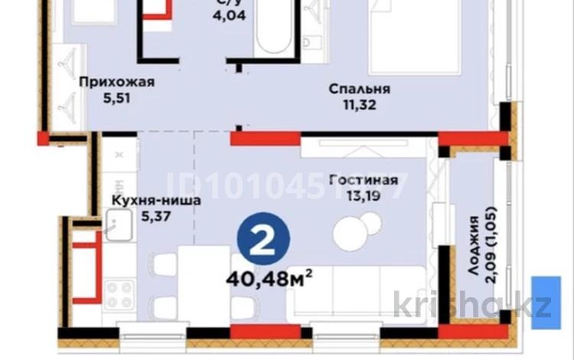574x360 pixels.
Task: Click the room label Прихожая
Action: pyautogui.click(x=112, y=82)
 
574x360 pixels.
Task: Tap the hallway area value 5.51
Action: pyautogui.click(x=112, y=97)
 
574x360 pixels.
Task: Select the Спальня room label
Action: pyautogui.click(x=359, y=89)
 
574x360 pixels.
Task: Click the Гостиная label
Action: pyautogui.click(x=363, y=180)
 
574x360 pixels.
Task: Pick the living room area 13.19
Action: pyautogui.click(x=363, y=195)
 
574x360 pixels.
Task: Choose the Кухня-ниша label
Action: pyautogui.click(x=156, y=201)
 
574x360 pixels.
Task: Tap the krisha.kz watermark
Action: pyautogui.click(x=472, y=306)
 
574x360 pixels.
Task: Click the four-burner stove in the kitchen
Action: pyautogui.click(x=119, y=295)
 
